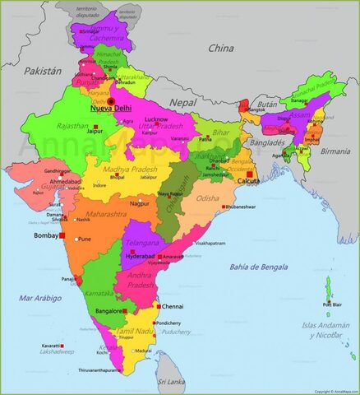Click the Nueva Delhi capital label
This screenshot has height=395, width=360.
(x=112, y=109)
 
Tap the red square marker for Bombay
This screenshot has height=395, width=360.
(x=62, y=235)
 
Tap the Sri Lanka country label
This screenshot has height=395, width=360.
(x=171, y=382)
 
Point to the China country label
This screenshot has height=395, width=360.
(x=220, y=48)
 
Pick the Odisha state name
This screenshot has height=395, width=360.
(x=209, y=197)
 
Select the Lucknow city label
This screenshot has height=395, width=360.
(x=156, y=118)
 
